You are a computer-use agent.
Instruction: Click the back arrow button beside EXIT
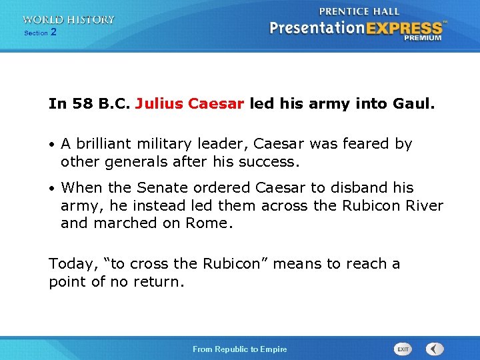[x=435, y=349]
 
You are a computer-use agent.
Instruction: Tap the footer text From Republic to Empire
[x=239, y=349]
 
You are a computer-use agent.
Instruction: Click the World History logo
[x=68, y=20]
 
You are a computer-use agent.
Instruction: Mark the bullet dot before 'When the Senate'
[x=51, y=189]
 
